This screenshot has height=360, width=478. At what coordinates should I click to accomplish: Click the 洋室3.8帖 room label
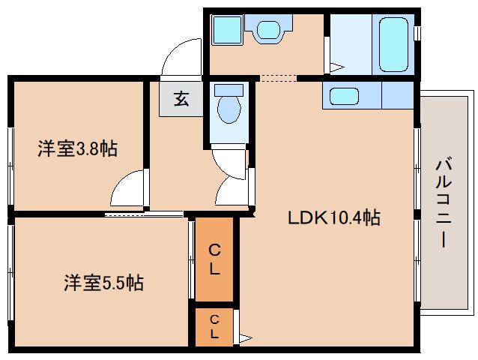[x=77, y=149]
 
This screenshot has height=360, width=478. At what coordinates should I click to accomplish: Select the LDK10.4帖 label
[x=334, y=218]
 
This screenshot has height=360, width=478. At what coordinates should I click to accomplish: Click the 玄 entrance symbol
[x=181, y=98]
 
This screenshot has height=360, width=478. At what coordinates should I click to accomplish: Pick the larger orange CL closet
[x=214, y=258]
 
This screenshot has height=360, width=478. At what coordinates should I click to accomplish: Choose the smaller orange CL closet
[x=214, y=325]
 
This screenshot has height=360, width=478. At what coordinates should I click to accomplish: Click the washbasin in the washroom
[x=267, y=31]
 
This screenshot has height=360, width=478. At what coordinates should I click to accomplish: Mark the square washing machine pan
[x=224, y=30]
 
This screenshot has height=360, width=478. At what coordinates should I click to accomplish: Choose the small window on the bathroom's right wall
[x=417, y=34]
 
